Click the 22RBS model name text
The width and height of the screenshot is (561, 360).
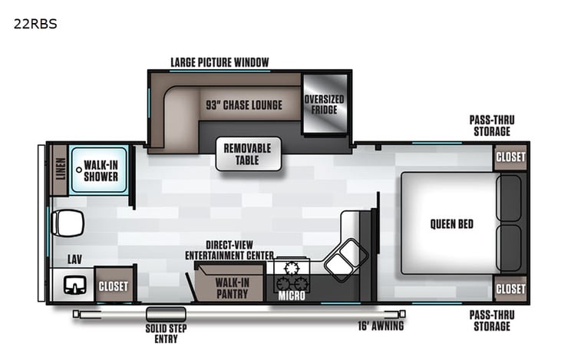[x=35, y=24]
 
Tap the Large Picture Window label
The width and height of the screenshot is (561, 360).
[x=219, y=62]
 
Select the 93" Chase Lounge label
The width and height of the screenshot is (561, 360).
[x=243, y=105]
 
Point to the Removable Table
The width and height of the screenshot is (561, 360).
[x=247, y=154]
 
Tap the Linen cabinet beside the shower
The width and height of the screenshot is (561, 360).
[x=61, y=170]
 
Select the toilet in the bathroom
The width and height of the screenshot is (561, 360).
[x=68, y=224]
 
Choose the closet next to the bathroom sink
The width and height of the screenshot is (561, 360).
[x=114, y=286]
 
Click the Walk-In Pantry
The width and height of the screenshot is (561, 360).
[x=229, y=286]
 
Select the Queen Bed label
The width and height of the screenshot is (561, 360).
[x=451, y=224]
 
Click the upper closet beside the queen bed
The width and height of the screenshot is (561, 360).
[x=510, y=157]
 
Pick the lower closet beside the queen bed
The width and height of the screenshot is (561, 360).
[x=510, y=289]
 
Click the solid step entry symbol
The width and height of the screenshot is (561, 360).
[x=161, y=314]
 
